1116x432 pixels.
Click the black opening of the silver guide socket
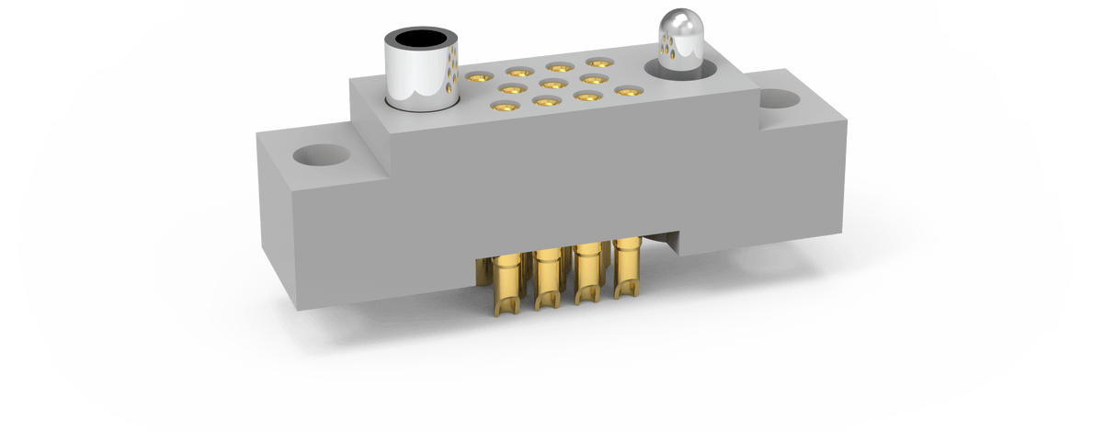point(421,40)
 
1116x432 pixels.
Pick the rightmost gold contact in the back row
point(599,63)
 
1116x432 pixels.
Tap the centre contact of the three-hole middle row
point(551,85)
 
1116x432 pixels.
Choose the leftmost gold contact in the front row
point(504,108)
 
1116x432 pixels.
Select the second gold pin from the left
point(548,276)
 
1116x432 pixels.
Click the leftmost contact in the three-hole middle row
point(507,90)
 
